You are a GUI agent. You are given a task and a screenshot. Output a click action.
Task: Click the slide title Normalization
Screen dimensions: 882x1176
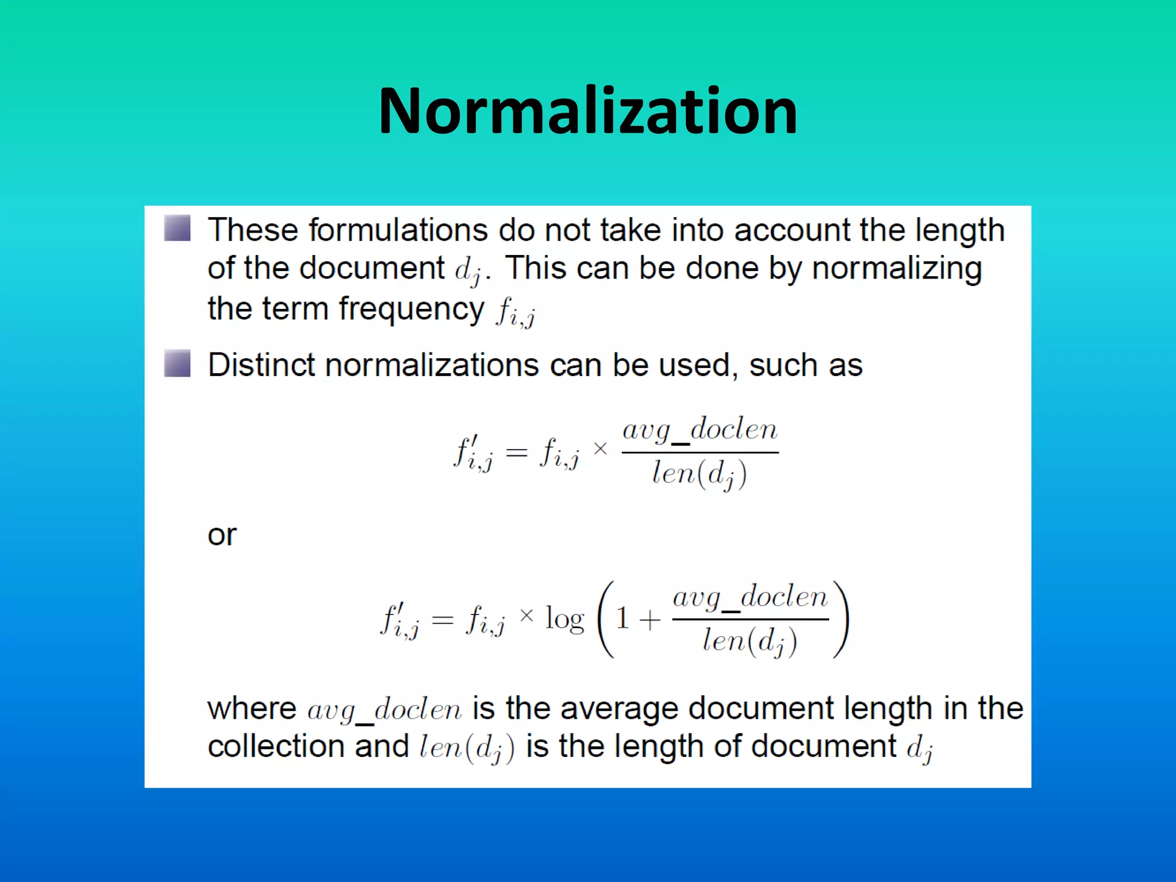click(587, 110)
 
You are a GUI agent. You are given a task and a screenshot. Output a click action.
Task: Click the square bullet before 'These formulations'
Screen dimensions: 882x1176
click(177, 228)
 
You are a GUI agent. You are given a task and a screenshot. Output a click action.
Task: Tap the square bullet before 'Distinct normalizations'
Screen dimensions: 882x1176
click(177, 363)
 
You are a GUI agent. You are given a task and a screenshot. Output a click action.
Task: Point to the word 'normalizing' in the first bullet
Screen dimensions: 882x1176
click(896, 269)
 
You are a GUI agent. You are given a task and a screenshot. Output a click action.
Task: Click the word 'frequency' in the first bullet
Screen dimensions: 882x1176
click(411, 310)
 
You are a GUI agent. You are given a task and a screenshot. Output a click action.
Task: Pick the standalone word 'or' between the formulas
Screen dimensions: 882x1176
click(222, 535)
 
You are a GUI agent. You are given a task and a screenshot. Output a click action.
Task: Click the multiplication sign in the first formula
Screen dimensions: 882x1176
click(600, 448)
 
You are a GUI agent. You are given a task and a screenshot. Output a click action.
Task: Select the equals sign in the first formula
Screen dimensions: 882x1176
click(516, 453)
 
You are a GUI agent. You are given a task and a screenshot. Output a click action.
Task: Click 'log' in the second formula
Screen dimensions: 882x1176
click(564, 620)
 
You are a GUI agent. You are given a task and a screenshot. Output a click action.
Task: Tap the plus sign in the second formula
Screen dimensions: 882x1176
click(649, 620)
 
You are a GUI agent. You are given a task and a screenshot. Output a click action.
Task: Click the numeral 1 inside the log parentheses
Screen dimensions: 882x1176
click(621, 619)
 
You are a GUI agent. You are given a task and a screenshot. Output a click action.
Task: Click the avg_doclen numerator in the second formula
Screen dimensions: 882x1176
click(750, 598)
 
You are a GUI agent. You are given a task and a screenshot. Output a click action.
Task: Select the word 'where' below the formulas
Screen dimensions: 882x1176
click(252, 709)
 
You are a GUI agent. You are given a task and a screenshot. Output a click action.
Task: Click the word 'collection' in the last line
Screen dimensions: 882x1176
click(276, 746)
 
